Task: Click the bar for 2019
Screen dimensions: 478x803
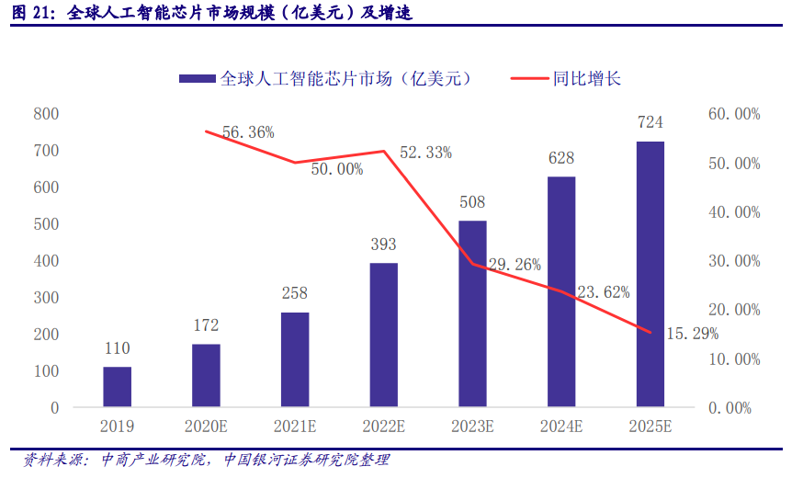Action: tap(117, 386)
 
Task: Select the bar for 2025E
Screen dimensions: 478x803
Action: tap(650, 274)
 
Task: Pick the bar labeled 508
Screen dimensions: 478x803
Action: tap(472, 313)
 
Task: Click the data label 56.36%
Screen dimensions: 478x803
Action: tap(248, 132)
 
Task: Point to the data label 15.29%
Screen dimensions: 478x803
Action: tap(692, 333)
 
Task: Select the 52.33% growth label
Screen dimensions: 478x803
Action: tap(425, 153)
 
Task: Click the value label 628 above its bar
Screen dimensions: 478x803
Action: tap(561, 158)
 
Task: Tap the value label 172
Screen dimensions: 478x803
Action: tap(206, 325)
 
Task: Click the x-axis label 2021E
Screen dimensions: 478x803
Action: tap(295, 426)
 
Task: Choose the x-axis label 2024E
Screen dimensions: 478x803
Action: tap(561, 426)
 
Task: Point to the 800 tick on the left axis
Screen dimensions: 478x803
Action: tap(46, 114)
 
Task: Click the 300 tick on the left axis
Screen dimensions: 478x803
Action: tap(46, 298)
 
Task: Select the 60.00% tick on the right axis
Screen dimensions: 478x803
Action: tap(735, 114)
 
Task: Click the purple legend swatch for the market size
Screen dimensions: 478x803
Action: tap(197, 79)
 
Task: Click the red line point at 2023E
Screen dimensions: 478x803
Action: tap(472, 264)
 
